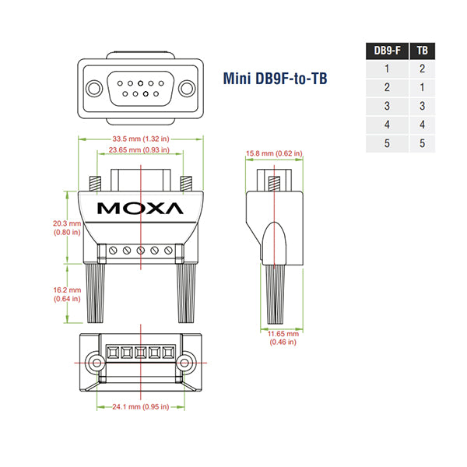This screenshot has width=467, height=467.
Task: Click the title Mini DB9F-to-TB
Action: pyautogui.click(x=276, y=78)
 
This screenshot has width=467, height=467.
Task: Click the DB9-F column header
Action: pyautogui.click(x=388, y=51)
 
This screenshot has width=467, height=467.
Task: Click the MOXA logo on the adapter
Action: pyautogui.click(x=141, y=208)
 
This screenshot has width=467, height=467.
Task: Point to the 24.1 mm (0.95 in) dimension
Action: pyautogui.click(x=140, y=406)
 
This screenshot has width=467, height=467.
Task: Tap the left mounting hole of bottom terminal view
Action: pyautogui.click(x=96, y=363)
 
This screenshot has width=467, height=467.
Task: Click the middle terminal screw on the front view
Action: pyautogui.click(x=141, y=251)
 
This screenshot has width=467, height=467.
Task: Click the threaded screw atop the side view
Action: pyautogui.click(x=274, y=184)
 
